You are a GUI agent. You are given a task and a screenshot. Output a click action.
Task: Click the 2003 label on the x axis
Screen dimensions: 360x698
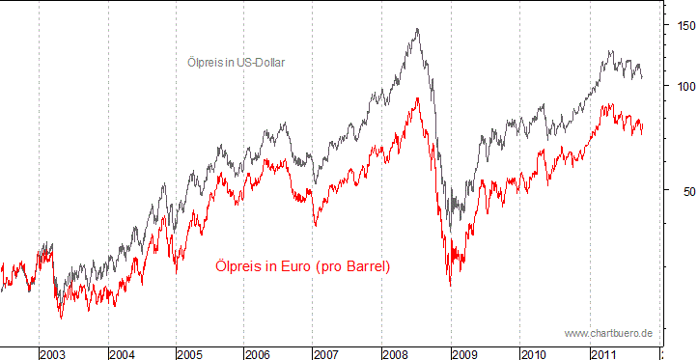coord(52,353)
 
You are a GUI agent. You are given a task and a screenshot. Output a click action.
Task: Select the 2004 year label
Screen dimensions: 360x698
coord(122,353)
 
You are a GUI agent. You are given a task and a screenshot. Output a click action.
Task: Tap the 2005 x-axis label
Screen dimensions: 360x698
coord(190,353)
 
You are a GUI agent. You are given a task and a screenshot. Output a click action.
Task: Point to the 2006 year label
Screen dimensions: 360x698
coord(259,353)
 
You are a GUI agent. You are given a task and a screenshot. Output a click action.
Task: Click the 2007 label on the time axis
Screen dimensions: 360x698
coord(327,353)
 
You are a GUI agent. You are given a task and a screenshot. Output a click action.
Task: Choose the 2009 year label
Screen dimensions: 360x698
coord(465,353)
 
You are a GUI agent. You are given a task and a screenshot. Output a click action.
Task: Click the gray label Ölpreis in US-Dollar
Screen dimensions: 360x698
coord(236,63)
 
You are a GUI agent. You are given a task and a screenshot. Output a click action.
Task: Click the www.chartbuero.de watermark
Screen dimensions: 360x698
coord(608,333)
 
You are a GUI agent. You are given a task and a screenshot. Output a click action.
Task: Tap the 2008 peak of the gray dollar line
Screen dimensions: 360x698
coord(417,29)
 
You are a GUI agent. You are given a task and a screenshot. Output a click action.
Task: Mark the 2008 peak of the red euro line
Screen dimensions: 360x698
coord(417,97)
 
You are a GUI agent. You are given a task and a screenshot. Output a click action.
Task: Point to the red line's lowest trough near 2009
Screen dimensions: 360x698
coord(450,284)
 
